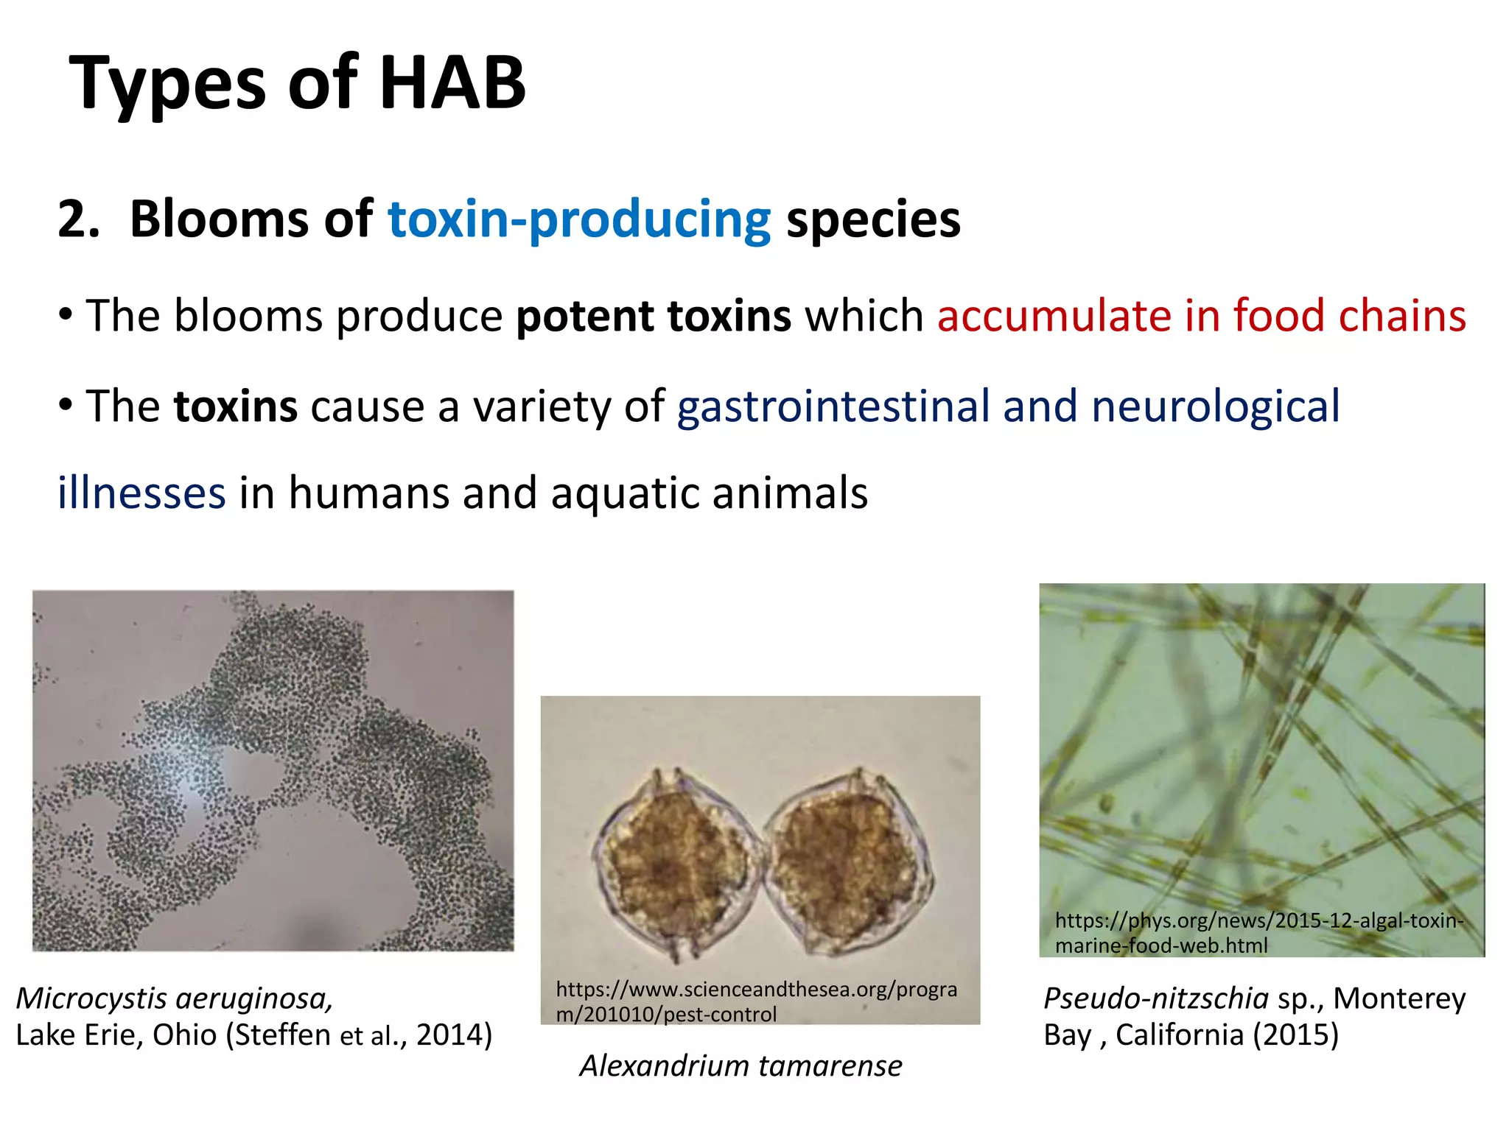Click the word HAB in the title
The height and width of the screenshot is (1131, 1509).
coord(452,82)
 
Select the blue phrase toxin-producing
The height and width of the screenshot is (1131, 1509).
coord(579,219)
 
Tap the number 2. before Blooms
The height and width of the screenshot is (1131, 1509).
coord(79,219)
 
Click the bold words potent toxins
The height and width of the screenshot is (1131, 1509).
coord(654,316)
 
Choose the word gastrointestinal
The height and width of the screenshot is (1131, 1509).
coord(833,406)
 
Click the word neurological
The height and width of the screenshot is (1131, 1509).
coord(1215,406)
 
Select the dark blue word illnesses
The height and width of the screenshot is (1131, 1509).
coord(141,493)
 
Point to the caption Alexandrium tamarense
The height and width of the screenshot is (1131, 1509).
coord(741,1065)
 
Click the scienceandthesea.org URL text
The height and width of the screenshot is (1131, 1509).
coord(756,1001)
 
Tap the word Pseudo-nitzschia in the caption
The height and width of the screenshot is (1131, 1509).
coord(1155,998)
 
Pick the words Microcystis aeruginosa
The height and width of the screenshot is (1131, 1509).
coord(174,998)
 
